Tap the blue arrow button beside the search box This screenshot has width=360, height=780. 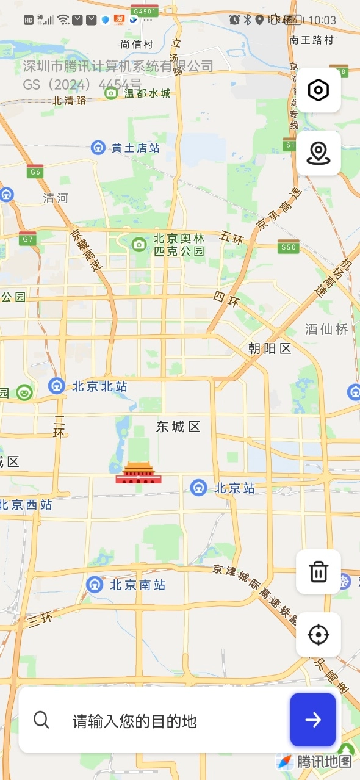[x=313, y=720]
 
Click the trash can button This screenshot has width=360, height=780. [x=319, y=572]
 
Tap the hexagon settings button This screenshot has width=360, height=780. [x=319, y=90]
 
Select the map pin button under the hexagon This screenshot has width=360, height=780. [x=319, y=153]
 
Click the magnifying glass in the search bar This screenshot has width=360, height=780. [x=41, y=720]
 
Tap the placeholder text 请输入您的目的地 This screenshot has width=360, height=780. [x=135, y=721]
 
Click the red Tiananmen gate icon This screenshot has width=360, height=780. [x=139, y=473]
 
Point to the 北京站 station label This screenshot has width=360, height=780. [x=234, y=488]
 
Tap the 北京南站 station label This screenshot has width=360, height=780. [x=137, y=585]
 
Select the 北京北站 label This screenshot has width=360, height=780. [x=99, y=386]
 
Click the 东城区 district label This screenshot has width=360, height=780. [x=178, y=427]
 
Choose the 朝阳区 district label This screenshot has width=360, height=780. [x=270, y=348]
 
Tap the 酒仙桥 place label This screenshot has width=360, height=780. [x=326, y=330]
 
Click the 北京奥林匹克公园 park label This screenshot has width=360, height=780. [x=179, y=245]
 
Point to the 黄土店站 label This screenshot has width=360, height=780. [x=135, y=148]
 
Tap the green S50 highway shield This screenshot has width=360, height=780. [x=288, y=247]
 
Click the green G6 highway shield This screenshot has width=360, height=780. [x=35, y=172]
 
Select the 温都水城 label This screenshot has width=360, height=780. [x=147, y=93]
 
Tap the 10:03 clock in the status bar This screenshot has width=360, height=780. [x=322, y=20]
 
